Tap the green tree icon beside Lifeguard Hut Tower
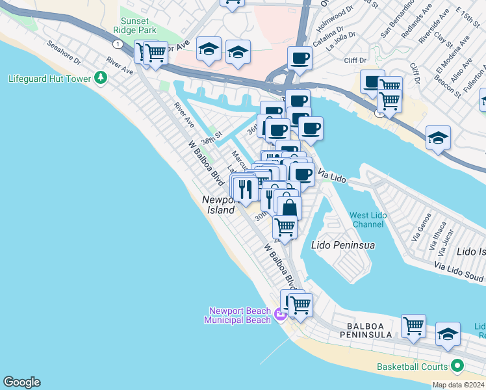click(100, 78)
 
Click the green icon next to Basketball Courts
click(457, 367)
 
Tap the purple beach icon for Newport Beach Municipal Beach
click(280, 316)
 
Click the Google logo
click(21, 382)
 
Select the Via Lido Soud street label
click(459, 272)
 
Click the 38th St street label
click(211, 139)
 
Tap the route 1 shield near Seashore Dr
click(116, 44)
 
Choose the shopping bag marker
click(289, 207)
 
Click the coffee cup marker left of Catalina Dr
click(300, 58)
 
